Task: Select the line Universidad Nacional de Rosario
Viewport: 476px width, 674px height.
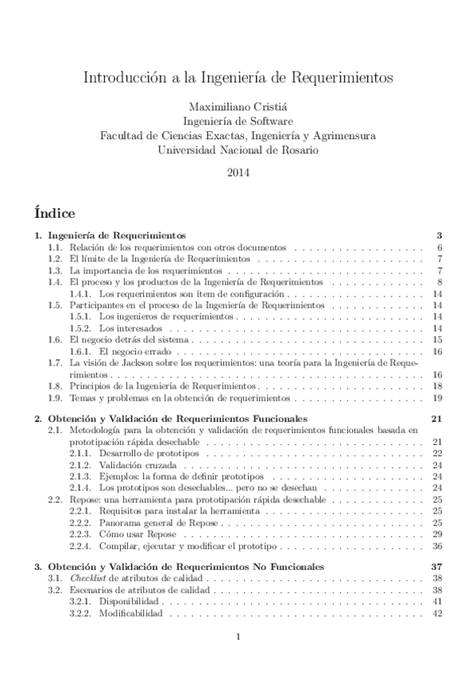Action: click(x=238, y=149)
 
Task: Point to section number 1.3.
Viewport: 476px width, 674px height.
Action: click(x=54, y=271)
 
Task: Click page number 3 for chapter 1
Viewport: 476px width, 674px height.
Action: click(x=439, y=236)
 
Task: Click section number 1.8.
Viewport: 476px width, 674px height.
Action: click(x=54, y=385)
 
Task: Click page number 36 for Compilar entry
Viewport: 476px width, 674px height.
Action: click(x=437, y=546)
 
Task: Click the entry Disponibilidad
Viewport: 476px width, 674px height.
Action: click(x=131, y=602)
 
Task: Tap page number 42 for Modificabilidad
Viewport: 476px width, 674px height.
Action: click(x=437, y=614)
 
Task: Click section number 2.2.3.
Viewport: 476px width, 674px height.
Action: click(x=79, y=535)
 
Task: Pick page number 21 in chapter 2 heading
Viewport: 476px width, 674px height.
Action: click(x=435, y=418)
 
